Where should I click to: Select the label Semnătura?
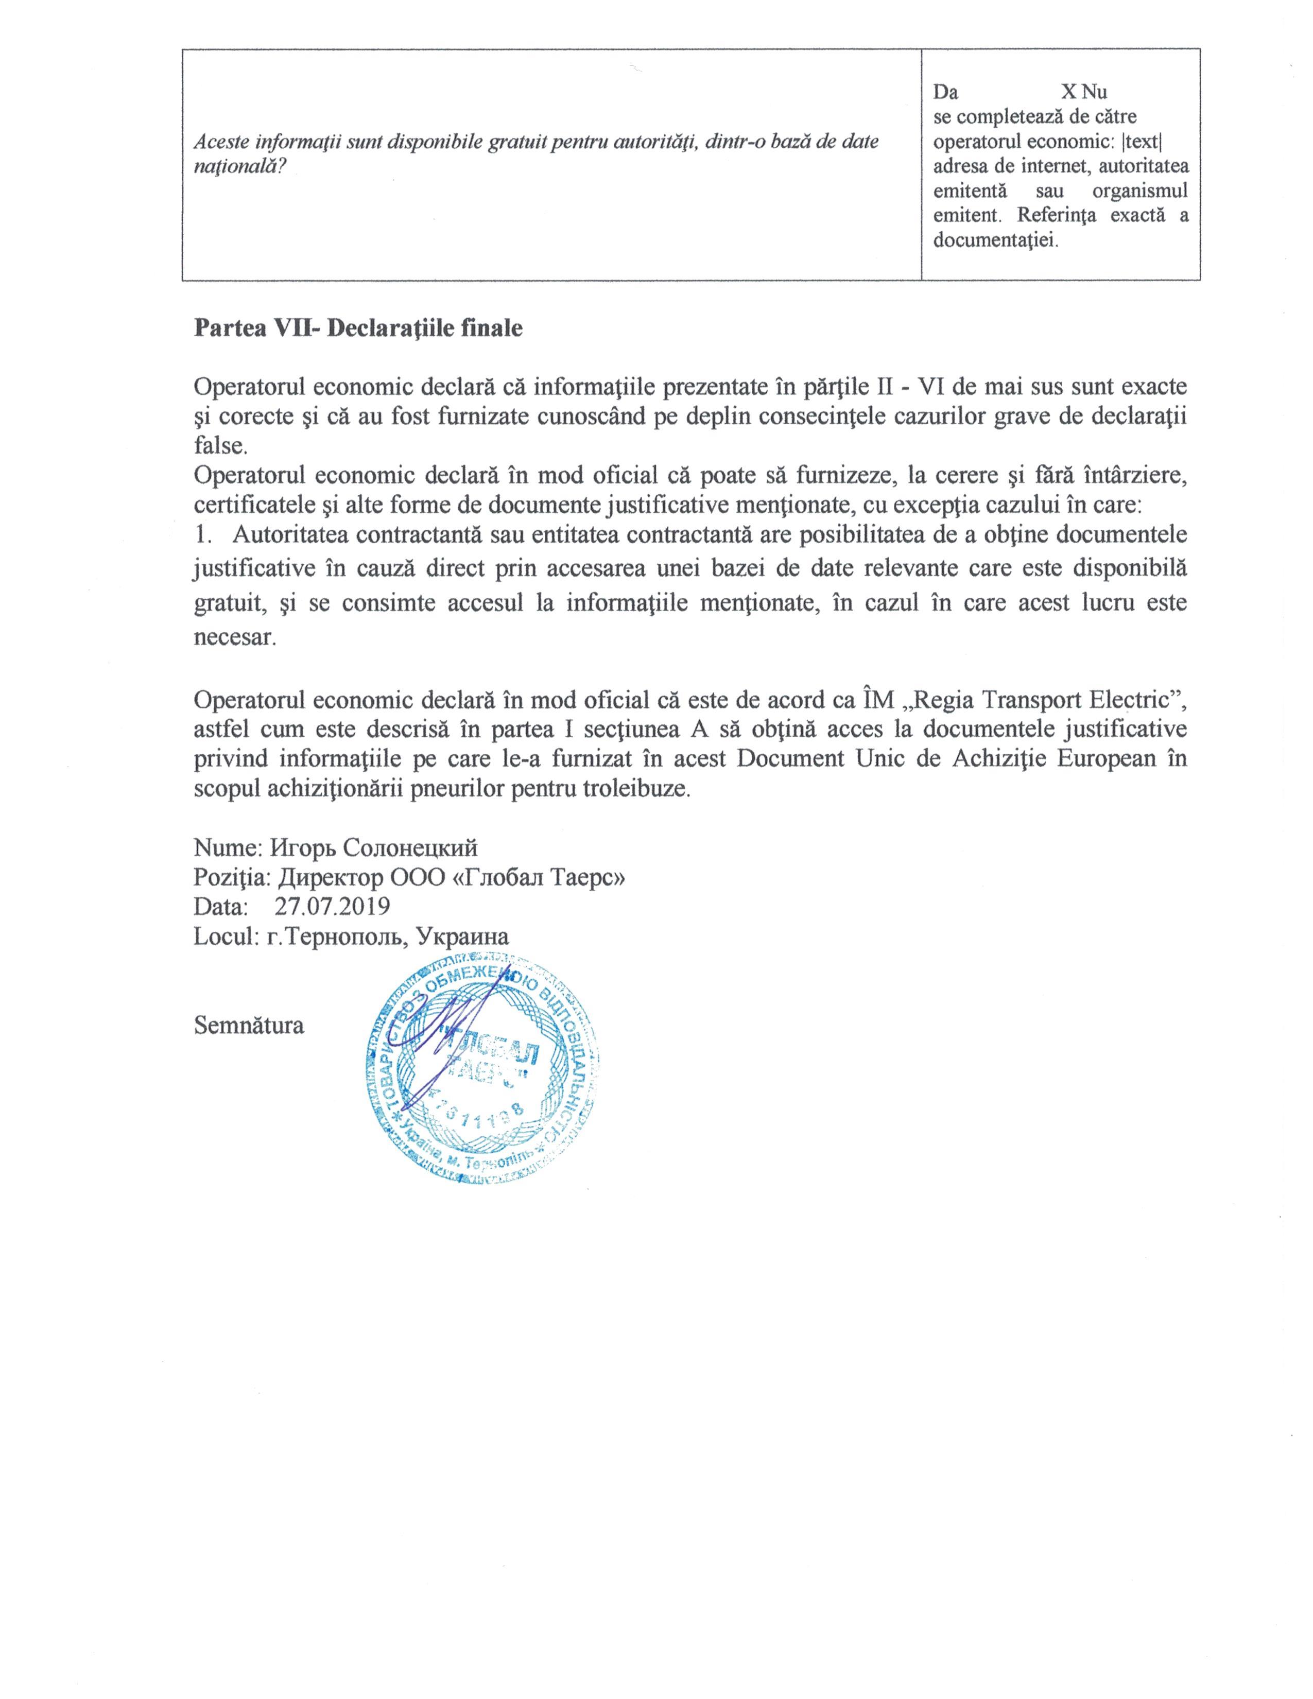(249, 1025)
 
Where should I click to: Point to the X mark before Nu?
(1069, 92)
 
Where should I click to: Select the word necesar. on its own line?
(234, 638)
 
